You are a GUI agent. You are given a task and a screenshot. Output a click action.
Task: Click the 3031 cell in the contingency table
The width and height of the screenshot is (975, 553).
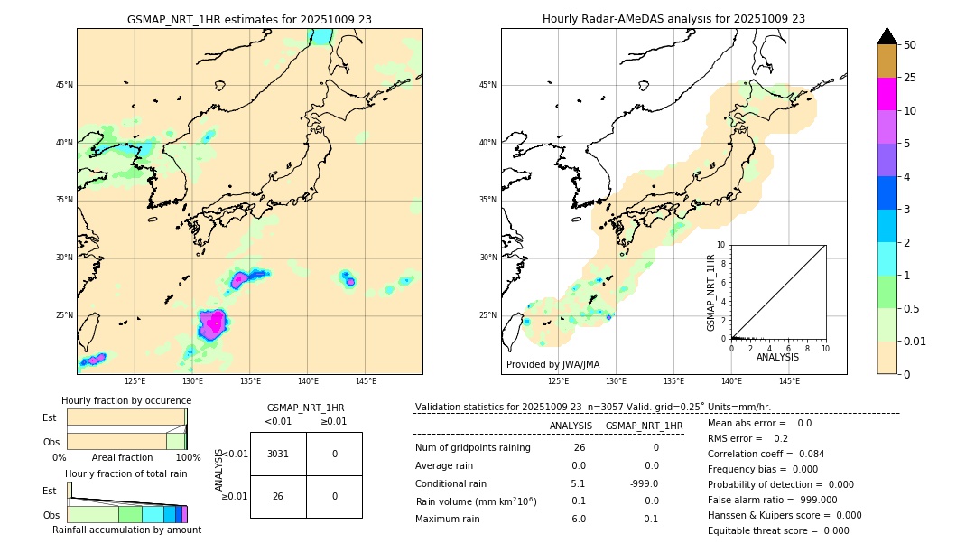coord(278,454)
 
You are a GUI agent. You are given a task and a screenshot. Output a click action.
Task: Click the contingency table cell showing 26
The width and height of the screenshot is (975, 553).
coord(278,496)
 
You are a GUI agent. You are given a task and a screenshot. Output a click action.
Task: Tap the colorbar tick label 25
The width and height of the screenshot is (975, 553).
coord(910,78)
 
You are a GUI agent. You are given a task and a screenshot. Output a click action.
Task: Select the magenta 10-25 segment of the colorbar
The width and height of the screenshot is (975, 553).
coord(887,94)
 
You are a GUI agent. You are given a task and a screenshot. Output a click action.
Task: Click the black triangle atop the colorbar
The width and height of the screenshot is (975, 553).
coord(887,36)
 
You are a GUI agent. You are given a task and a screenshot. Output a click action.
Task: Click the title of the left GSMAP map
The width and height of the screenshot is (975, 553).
coord(249,19)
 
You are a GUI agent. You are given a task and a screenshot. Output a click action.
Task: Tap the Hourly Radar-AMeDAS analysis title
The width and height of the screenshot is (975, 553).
coord(673,19)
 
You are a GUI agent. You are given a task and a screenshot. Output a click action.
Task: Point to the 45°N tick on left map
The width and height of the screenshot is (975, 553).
coord(64,85)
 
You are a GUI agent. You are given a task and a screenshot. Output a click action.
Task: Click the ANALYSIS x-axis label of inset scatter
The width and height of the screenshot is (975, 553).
coord(777,357)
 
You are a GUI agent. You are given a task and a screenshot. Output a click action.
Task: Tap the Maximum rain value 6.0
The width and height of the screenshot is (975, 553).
coord(579,519)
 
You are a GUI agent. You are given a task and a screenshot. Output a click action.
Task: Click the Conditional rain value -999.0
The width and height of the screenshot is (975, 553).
coord(644,483)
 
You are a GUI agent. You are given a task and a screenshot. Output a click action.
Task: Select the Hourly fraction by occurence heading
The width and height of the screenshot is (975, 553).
coord(126,400)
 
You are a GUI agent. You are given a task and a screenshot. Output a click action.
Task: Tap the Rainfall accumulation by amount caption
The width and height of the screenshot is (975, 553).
coord(126,530)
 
